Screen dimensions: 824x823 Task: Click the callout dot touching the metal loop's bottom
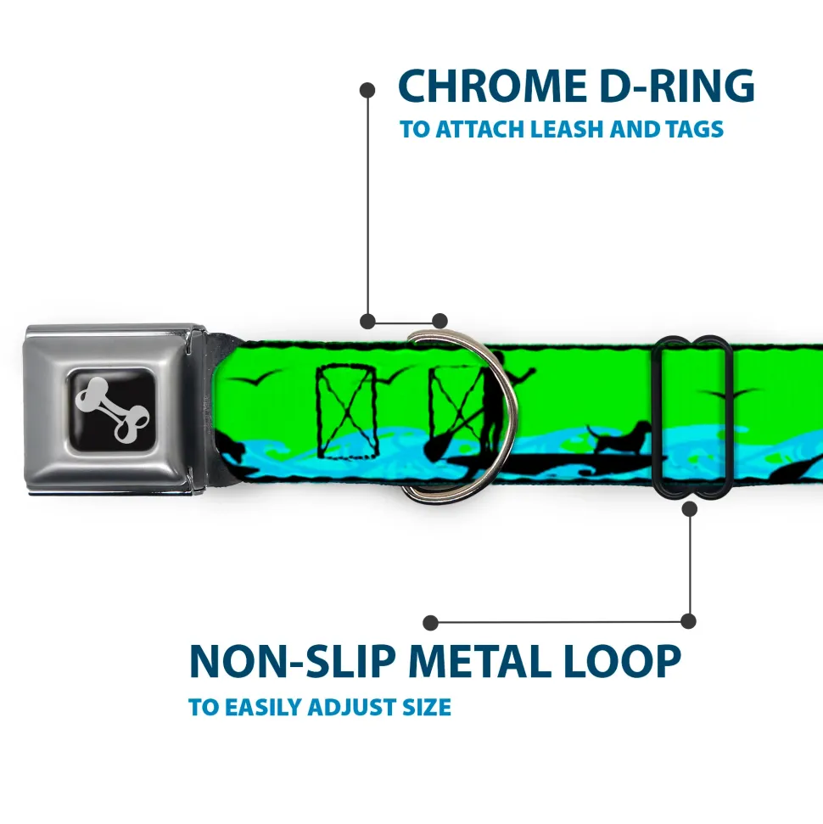point(689,508)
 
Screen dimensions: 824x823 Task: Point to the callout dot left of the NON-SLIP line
point(431,622)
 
